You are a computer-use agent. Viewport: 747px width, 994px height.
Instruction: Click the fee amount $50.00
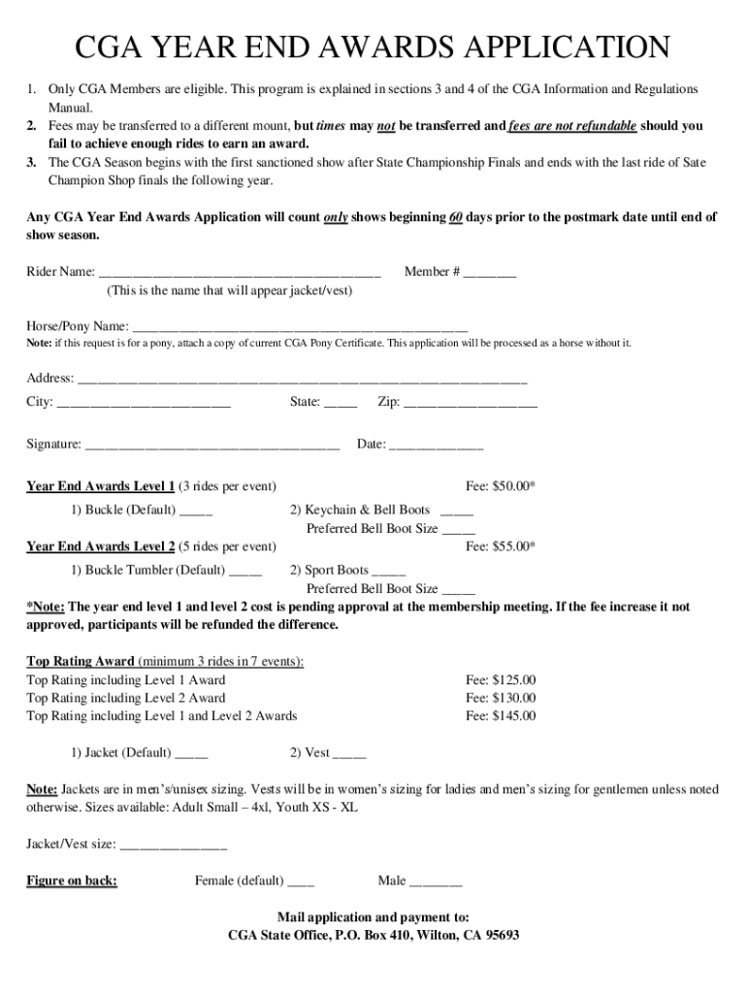point(500,486)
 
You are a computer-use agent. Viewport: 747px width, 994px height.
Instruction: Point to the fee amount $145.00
point(500,716)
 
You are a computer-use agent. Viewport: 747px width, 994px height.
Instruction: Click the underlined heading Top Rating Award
point(81,662)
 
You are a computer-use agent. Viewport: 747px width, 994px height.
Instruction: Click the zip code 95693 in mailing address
point(499,936)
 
